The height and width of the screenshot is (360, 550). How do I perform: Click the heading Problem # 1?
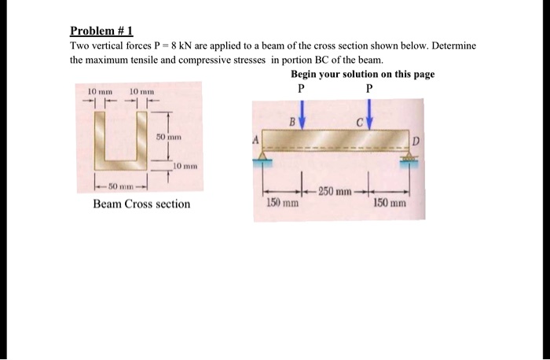[x=102, y=31]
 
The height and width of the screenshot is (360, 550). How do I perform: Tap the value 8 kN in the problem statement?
[x=193, y=46]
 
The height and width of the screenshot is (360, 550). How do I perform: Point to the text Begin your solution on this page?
[x=362, y=74]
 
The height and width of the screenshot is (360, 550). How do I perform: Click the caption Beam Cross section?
[x=141, y=204]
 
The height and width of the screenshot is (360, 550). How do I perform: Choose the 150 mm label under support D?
[x=389, y=203]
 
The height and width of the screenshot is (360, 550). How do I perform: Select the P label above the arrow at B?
[x=301, y=88]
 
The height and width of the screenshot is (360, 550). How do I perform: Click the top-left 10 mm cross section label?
[x=96, y=91]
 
